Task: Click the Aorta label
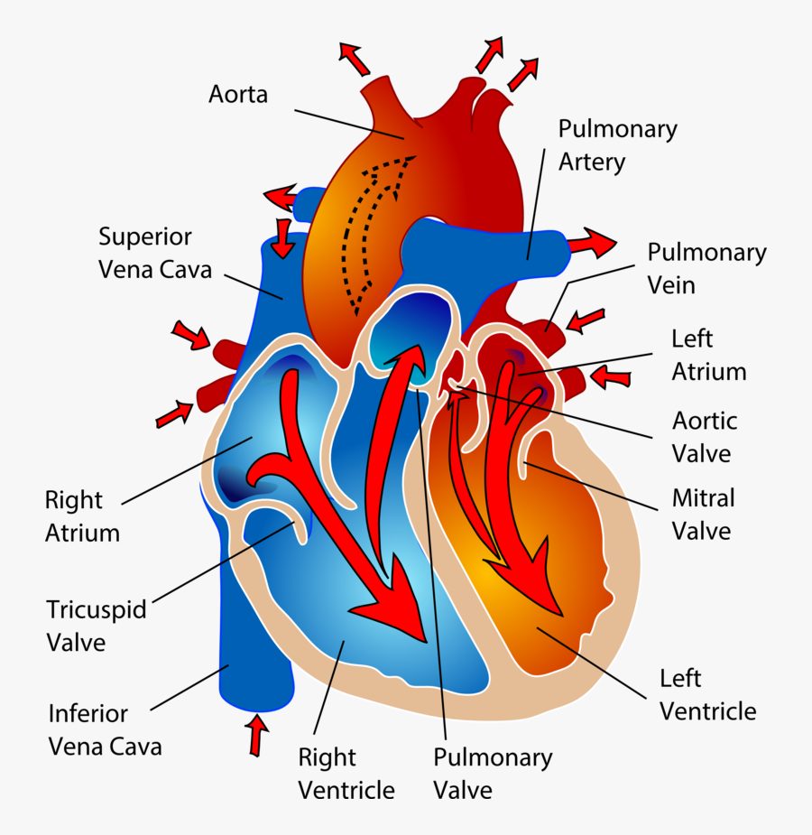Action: tap(238, 94)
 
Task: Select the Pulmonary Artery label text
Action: tap(617, 145)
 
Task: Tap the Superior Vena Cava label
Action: tap(155, 253)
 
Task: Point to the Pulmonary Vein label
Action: tap(706, 269)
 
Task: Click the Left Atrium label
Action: tap(708, 355)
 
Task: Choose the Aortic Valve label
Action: tap(705, 437)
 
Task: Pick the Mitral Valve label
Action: tap(703, 514)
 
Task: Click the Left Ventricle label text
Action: tap(707, 694)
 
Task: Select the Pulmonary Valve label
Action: tap(493, 774)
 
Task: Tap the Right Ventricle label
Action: tap(346, 774)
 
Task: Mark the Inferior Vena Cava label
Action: tap(105, 730)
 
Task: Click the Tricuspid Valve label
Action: tap(96, 626)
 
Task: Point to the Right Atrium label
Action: tap(82, 516)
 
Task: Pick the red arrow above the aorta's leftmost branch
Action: tap(355, 59)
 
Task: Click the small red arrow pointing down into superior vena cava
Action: tap(284, 237)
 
